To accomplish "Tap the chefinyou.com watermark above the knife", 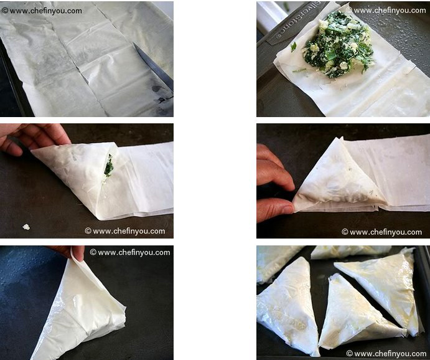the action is (x=42, y=11).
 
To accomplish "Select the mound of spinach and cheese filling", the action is (x=338, y=44).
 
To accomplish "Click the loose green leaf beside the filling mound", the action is (x=294, y=47).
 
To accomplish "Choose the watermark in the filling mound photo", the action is (x=386, y=11).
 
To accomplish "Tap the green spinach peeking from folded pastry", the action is (x=109, y=166).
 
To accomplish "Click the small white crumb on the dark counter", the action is (x=26, y=227).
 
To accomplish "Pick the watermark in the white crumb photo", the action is (x=125, y=231).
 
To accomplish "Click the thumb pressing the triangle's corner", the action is (x=274, y=210).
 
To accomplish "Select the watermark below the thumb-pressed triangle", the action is (x=381, y=232).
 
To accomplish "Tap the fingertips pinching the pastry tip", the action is (x=72, y=252).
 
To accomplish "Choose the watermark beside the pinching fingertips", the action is (x=130, y=252).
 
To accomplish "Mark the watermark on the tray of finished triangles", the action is (x=386, y=353).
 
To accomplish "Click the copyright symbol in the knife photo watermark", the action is (x=4, y=11).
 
